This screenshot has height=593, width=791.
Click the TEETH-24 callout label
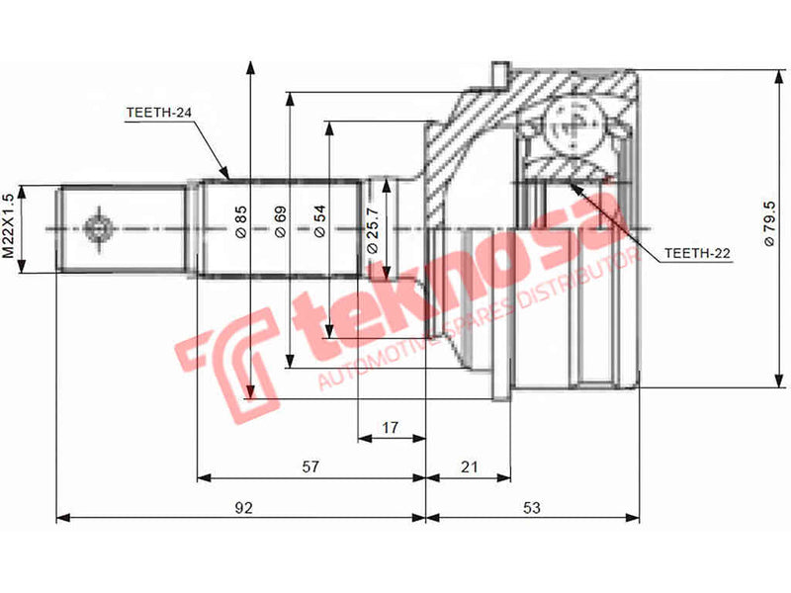point(158,113)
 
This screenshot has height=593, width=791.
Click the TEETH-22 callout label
point(697,254)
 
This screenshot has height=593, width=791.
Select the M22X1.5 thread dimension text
point(9,226)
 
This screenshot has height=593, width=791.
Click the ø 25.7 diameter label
point(372,229)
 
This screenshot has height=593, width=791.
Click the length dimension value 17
point(390,428)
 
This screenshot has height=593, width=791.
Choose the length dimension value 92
point(244,508)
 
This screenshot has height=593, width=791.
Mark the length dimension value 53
point(533,508)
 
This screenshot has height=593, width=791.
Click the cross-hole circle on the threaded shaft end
point(98,228)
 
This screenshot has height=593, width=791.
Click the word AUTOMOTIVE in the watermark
point(367,366)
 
